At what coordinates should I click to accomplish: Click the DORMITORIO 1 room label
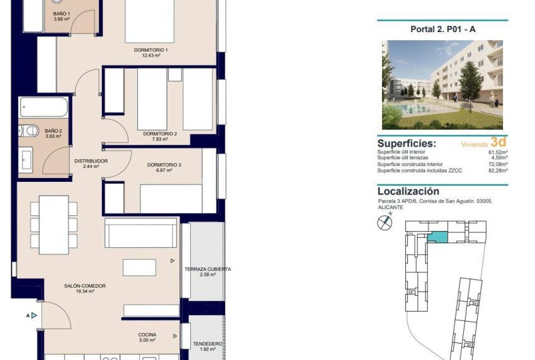pos(150,50)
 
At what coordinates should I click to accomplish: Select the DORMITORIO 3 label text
pos(164,165)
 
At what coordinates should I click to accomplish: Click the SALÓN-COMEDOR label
pos(84,286)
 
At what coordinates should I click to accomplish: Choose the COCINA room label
pos(147,335)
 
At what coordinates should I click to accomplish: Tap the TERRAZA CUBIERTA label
pos(208,269)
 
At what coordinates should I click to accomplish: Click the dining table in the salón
pos(55,224)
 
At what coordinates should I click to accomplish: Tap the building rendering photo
pos(442,85)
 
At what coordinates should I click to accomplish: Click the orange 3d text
pos(498,142)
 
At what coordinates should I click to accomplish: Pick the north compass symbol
pos(384,222)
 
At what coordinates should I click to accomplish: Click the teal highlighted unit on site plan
pos(437,237)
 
